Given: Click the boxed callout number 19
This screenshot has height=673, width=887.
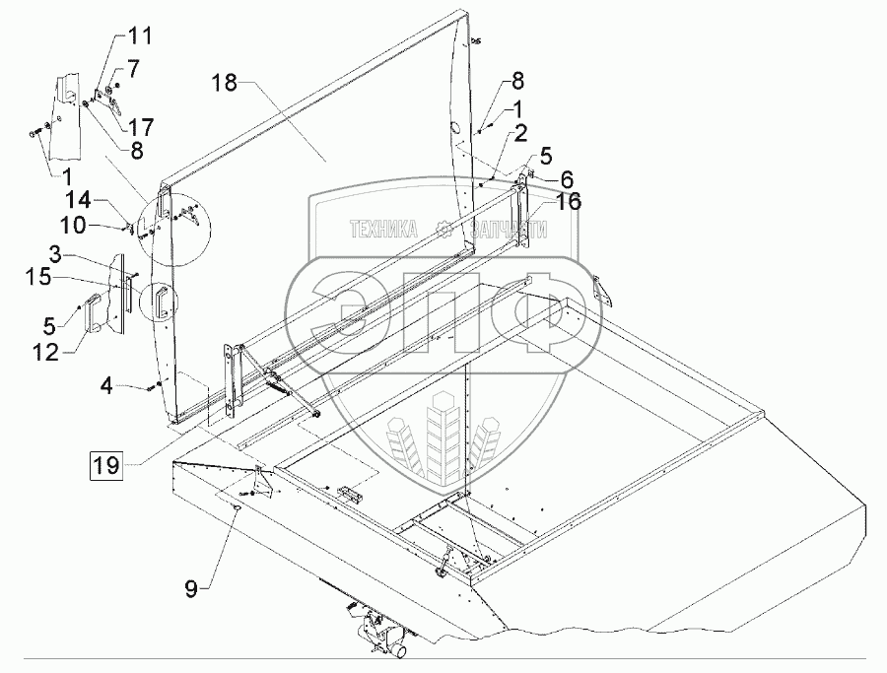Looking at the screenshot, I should (107, 461).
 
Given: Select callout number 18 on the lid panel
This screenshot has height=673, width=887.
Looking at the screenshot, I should (225, 86).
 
